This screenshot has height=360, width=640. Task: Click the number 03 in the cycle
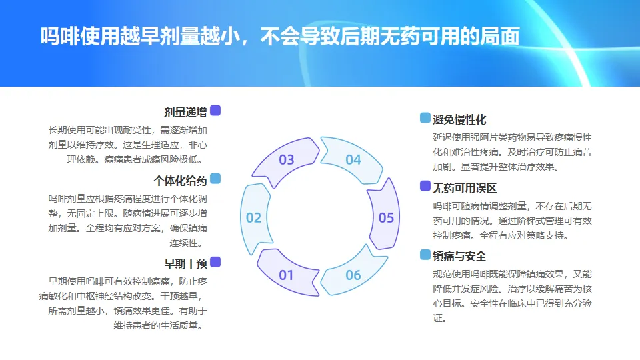click(x=286, y=160)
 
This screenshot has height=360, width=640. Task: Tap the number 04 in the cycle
click(x=353, y=160)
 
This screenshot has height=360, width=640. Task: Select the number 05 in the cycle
click(x=386, y=217)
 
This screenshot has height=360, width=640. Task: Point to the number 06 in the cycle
click(x=353, y=275)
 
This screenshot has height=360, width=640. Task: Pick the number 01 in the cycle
click(x=286, y=275)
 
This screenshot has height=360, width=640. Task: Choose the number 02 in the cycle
click(x=253, y=217)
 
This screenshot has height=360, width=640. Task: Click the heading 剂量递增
click(x=185, y=111)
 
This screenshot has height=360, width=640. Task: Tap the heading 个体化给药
click(x=180, y=180)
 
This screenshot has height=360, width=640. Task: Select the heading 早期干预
click(x=185, y=263)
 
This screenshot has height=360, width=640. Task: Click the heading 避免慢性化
click(x=459, y=119)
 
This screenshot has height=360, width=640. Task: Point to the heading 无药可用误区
click(x=465, y=187)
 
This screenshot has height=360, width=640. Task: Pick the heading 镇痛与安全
click(x=459, y=256)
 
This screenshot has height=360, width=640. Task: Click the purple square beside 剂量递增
click(x=215, y=111)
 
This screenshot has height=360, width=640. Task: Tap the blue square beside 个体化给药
click(x=215, y=179)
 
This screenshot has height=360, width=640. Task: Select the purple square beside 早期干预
click(x=215, y=262)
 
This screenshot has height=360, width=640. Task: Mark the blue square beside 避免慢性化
click(x=425, y=118)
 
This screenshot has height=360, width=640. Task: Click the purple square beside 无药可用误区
click(x=425, y=186)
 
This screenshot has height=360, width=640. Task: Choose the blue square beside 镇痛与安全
click(x=425, y=255)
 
